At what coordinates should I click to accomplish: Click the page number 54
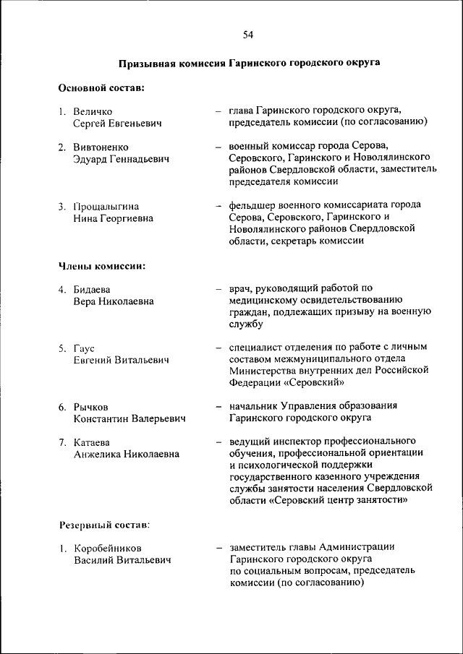(x=247, y=34)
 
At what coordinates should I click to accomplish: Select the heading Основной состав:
(x=101, y=88)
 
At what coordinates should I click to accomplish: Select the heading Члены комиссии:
(x=102, y=265)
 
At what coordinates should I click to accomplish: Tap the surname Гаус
(x=84, y=348)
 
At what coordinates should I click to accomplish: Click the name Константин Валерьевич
(x=129, y=418)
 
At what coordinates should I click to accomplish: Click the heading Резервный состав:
(x=103, y=523)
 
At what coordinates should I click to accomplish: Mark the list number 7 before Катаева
(x=62, y=442)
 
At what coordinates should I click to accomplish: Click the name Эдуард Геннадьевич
(x=121, y=159)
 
